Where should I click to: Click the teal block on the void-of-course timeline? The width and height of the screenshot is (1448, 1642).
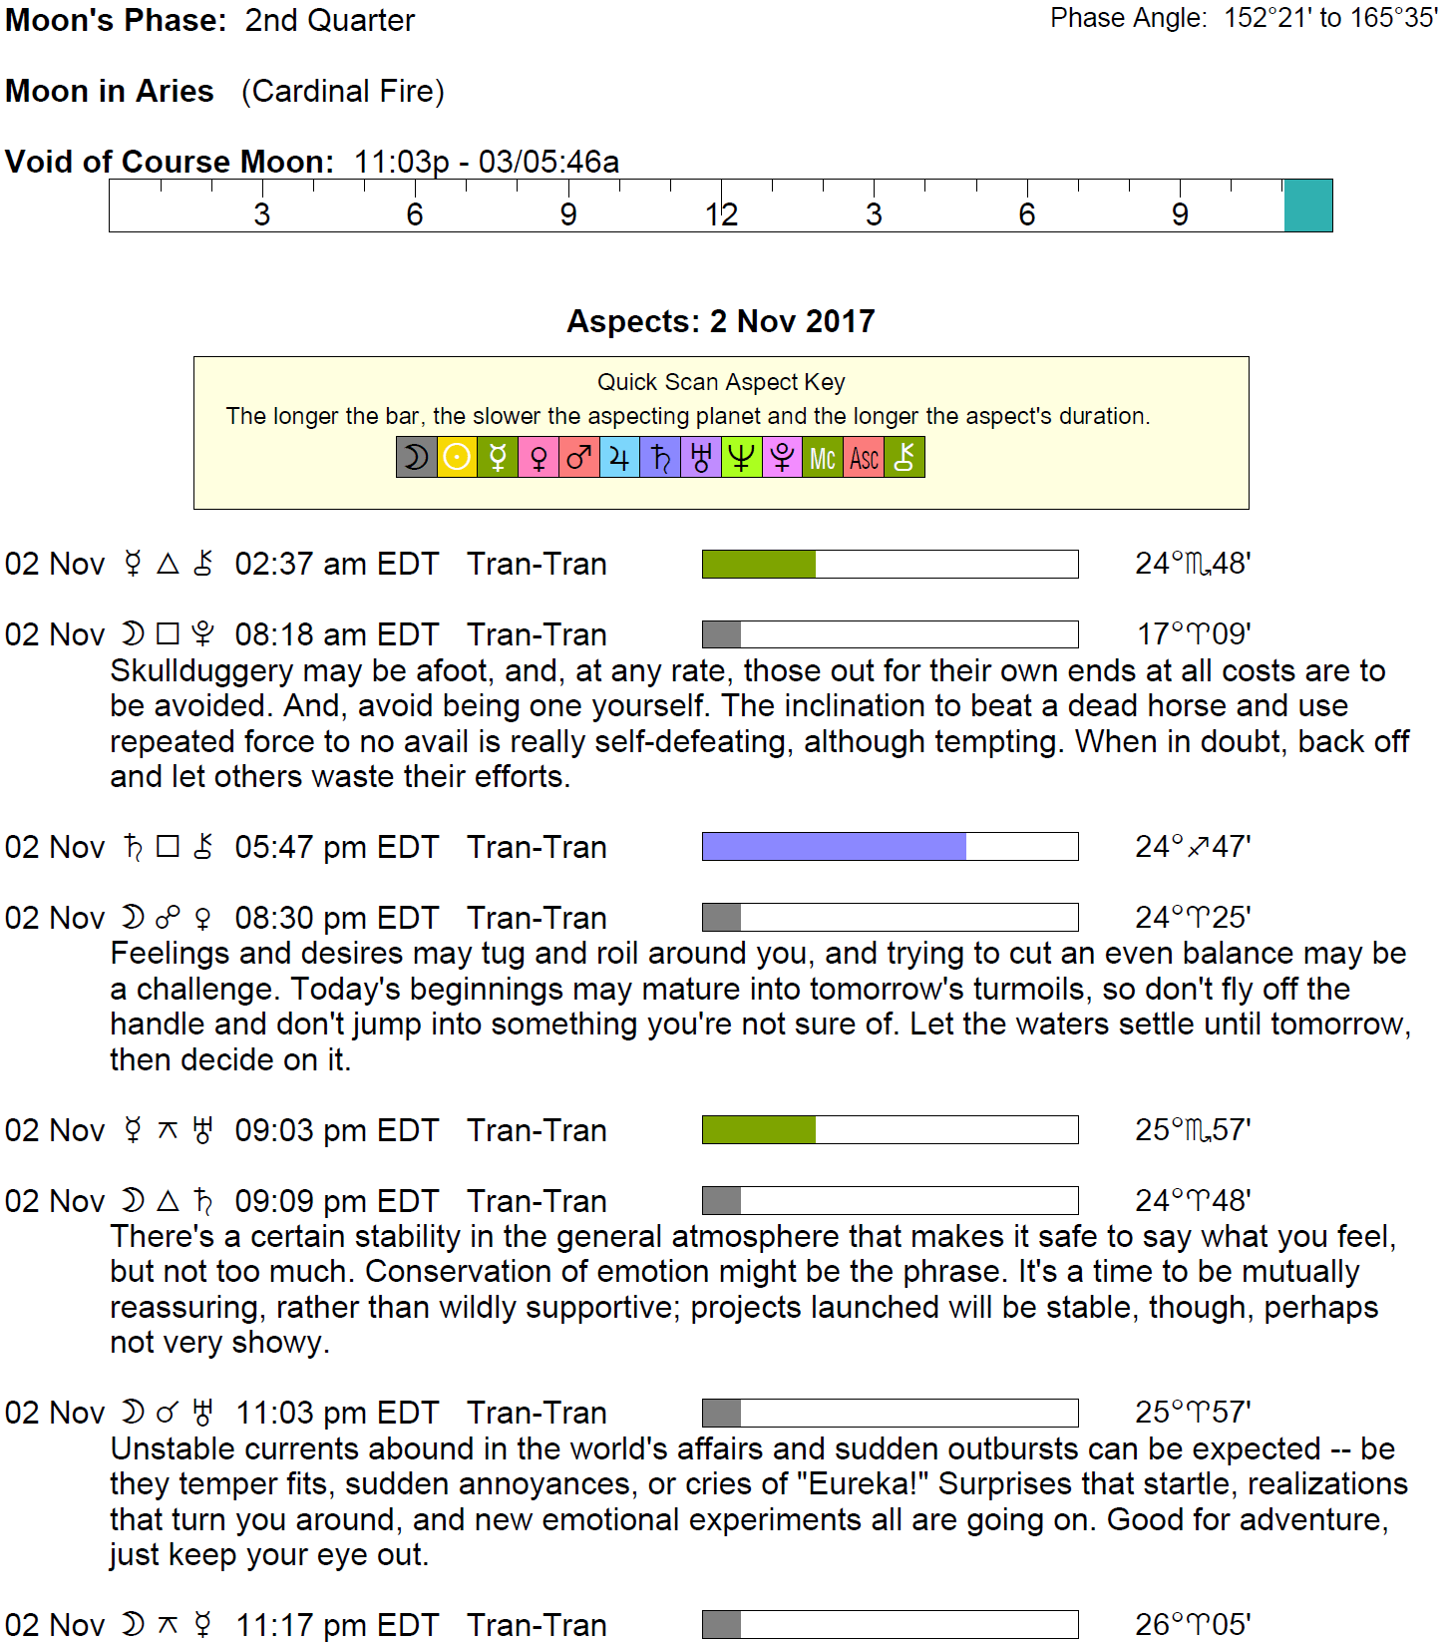[1307, 205]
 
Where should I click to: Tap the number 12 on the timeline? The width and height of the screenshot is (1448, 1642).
[721, 214]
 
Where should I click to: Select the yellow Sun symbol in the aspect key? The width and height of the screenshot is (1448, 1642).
[457, 458]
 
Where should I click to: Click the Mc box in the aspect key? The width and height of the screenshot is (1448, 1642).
[823, 458]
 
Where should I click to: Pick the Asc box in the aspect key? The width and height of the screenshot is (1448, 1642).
[864, 458]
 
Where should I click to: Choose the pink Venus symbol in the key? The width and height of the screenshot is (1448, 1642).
[539, 458]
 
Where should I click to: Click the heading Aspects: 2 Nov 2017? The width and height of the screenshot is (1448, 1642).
[720, 321]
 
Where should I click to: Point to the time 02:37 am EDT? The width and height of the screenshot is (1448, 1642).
[336, 564]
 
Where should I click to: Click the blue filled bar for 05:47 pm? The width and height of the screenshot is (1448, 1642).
[834, 847]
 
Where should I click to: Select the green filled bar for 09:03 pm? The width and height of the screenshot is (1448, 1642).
[759, 1130]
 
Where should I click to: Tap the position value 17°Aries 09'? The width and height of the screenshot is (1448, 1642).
[1194, 634]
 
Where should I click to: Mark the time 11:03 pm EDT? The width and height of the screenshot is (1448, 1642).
[336, 1413]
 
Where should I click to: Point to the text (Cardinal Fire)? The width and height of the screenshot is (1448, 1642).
[343, 91]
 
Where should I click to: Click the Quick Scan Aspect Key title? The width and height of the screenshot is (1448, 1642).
[720, 382]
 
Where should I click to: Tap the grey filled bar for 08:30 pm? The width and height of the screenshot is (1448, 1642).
[721, 918]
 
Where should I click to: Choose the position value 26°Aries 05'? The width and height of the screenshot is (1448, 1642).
[1193, 1624]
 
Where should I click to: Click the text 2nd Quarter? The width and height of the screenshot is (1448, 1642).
[329, 20]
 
